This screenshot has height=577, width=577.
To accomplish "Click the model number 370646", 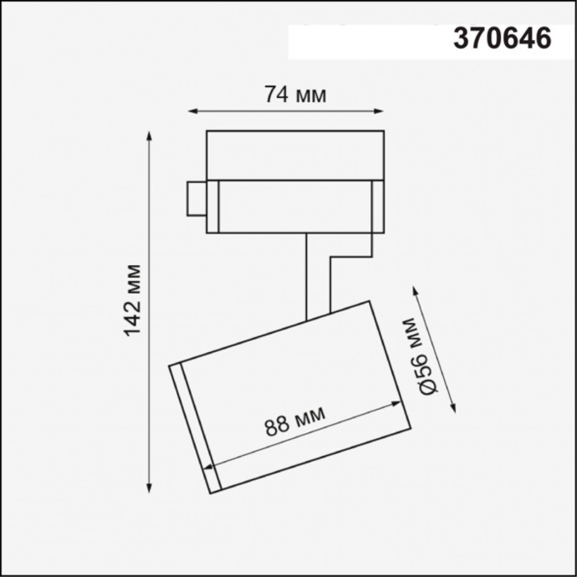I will pos(501,39).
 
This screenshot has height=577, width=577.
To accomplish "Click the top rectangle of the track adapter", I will pos(294,154).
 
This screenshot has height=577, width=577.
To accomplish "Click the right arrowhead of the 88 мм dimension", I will pos(400,404).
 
